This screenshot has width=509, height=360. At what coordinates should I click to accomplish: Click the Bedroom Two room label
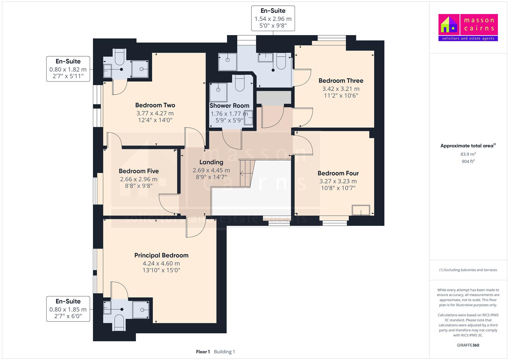pos(155,105)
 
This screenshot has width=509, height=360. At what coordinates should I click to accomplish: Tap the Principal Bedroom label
pos(161,255)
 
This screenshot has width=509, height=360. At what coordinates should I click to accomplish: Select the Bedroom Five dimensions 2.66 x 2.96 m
pos(139,179)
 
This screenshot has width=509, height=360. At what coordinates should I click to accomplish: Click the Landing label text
pos(211,162)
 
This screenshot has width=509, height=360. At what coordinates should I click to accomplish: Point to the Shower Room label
pos(229,106)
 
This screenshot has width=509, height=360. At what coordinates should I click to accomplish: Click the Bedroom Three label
pos(341,81)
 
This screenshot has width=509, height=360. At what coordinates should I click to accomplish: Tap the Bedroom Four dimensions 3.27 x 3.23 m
pos(338,181)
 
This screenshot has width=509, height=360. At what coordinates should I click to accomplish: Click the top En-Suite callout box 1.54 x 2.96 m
pos(273,18)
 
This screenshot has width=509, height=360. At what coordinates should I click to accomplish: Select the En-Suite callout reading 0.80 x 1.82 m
pos(68,69)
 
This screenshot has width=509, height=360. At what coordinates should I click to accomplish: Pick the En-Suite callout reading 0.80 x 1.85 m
pos(68,309)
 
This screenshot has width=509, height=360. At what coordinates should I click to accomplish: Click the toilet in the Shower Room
pos(240,83)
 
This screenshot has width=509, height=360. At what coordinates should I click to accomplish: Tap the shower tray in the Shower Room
pos(218,92)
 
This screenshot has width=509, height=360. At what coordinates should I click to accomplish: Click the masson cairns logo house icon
pos(449,25)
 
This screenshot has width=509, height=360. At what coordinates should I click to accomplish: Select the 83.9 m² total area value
pos(468,154)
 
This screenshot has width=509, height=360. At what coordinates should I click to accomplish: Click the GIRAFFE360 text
pos(468,345)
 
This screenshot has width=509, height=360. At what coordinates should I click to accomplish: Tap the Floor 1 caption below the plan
pos(203,352)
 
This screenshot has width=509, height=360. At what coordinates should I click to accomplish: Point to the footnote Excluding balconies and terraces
pos(468,270)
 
